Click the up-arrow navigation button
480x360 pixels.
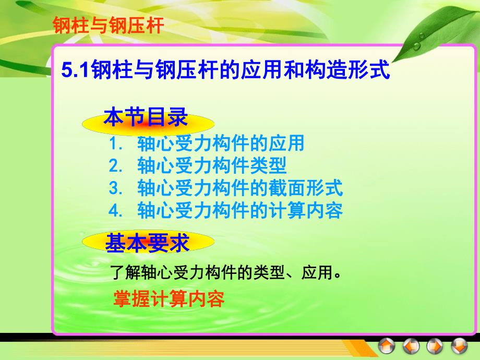[387, 346]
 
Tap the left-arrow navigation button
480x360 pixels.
[411, 346]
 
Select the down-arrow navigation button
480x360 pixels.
[459, 346]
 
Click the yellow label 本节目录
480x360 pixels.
[146, 118]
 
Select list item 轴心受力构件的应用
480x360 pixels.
[220, 143]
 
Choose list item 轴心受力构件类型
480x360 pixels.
[211, 166]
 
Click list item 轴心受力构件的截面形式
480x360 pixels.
[239, 188]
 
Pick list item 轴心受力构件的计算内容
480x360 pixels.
[239, 211]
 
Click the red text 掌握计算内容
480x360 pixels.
[169, 299]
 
